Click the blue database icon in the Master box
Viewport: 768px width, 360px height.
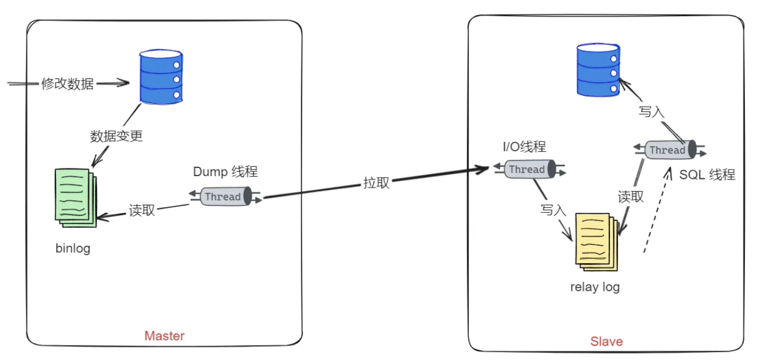pos(161,77)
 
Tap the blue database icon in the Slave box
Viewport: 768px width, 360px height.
pos(598,70)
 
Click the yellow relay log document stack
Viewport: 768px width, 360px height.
pos(596,239)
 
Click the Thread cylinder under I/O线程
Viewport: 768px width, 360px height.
pos(527,169)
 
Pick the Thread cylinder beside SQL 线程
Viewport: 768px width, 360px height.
pos(668,150)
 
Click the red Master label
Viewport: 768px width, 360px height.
pos(164,336)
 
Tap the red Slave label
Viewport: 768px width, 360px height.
pos(607,342)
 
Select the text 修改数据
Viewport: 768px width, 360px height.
pos(67,84)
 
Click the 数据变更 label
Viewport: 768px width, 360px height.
pos(116,136)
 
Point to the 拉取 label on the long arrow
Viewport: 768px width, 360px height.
pos(376,183)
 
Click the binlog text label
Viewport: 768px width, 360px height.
pos(73,249)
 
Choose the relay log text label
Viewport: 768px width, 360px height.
pos(594,287)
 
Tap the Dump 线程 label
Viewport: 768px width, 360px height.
pos(225,171)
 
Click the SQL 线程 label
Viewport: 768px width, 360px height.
pos(707,174)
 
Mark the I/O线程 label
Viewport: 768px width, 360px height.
pos(524,147)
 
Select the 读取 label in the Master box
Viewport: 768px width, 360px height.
pos(142,210)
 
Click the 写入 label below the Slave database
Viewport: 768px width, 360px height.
pos(652,112)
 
